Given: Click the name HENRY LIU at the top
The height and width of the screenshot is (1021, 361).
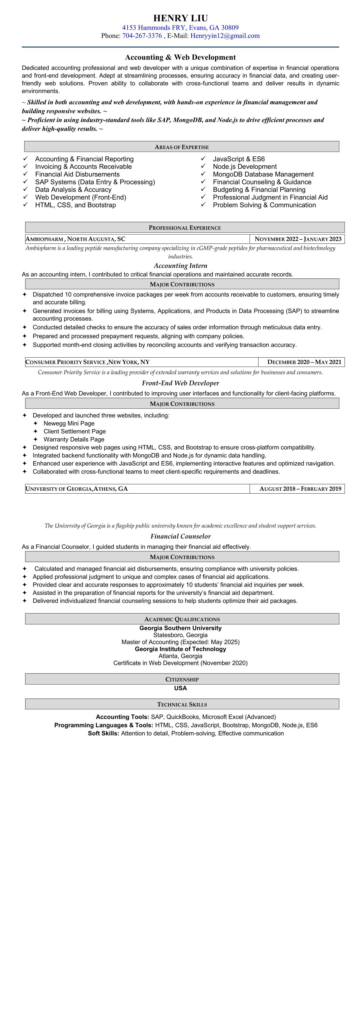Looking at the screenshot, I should pos(180,18).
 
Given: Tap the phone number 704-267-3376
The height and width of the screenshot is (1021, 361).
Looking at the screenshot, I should pos(142,36).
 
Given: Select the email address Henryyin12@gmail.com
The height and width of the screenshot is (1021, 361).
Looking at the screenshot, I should pos(225,36).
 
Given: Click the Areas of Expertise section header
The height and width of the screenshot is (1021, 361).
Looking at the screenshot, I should pos(181,147).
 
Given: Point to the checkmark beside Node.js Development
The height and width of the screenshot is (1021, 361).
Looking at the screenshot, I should pos(203,167).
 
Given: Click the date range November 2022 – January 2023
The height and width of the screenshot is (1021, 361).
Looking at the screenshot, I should pos(298,239).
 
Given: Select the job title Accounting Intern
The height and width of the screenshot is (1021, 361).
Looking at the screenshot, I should pos(180,266).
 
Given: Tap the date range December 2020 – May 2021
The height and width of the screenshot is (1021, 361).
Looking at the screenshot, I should pos(304,362).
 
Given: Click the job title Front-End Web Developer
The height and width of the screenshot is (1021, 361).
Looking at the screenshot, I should pos(180,383).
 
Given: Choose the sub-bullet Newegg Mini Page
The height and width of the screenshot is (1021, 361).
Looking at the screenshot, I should pos(69,423).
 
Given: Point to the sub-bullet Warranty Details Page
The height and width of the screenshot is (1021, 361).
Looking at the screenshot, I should pos(74,439).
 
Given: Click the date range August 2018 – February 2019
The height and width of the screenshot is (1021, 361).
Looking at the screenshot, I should pos(300,489).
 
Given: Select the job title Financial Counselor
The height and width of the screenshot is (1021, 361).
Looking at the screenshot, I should pos(180,536).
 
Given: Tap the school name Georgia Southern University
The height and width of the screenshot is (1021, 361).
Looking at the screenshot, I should pos(180,628).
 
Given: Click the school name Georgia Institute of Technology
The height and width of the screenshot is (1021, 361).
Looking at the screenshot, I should pos(180,649).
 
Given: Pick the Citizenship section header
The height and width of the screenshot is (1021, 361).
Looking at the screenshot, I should pos(182,679).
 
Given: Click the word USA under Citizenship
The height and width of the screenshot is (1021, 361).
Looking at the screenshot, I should pos(180,688).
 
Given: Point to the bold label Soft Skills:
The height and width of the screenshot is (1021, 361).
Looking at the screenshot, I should pos(103,733).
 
